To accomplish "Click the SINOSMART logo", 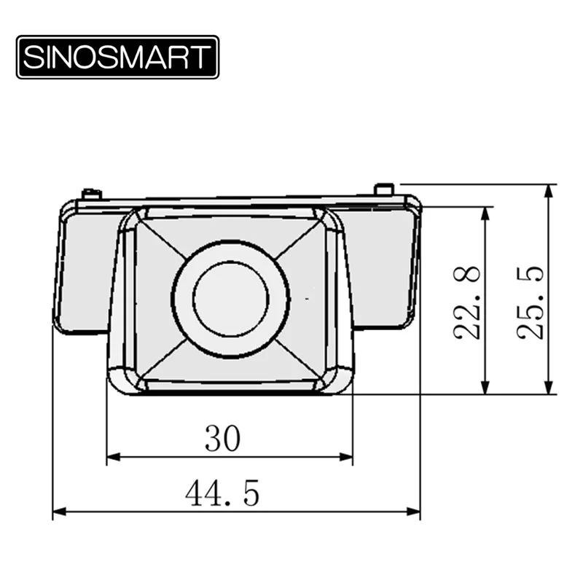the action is (117, 57).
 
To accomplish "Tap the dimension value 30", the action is (223, 439).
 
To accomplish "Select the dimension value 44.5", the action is (222, 493).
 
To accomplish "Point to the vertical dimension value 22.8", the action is (467, 302).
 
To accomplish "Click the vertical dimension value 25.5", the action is (531, 302).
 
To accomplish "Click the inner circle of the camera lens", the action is (231, 299).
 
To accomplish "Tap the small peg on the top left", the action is (92, 195).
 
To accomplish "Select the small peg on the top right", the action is (385, 189).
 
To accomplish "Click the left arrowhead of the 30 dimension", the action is (114, 457).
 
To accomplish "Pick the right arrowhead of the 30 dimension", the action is (345, 457).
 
